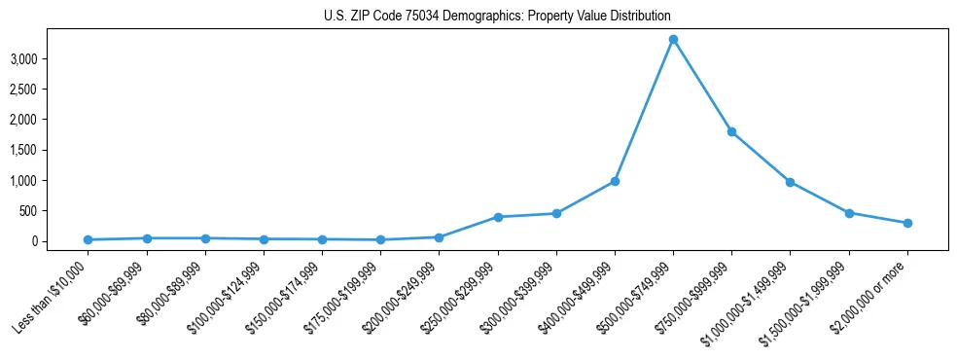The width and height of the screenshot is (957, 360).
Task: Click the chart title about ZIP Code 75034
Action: point(497,17)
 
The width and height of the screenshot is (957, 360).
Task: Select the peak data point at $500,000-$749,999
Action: point(673,39)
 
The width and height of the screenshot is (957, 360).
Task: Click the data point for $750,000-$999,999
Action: point(731,131)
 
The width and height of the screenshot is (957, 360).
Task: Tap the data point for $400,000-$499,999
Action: point(615,181)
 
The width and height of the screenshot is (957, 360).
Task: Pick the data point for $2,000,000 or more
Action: point(907,223)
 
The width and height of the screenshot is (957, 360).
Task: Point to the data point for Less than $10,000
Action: point(88,239)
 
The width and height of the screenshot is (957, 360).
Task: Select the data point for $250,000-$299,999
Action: point(498,217)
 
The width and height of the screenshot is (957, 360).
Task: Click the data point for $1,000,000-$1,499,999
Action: point(790,182)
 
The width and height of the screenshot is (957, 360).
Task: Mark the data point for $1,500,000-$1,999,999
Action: point(849,212)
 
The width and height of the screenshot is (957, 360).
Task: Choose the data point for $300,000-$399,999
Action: point(556,213)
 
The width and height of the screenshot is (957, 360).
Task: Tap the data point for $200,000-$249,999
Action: point(439,237)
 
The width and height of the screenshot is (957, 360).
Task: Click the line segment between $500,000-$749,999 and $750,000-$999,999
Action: point(702,86)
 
